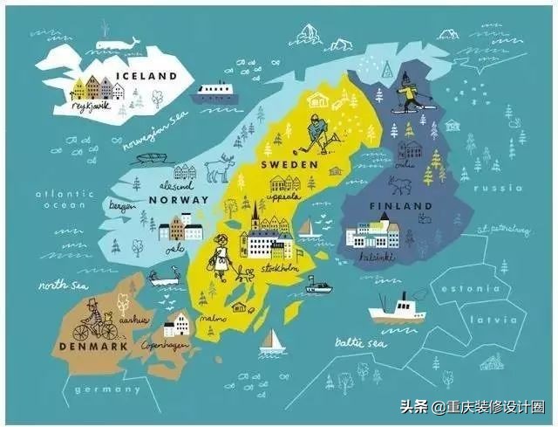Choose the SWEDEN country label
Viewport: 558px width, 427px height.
click(289, 164)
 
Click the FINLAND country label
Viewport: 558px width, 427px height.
click(400, 206)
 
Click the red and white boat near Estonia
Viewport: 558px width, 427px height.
click(396, 309)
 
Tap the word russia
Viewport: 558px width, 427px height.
click(505, 188)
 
